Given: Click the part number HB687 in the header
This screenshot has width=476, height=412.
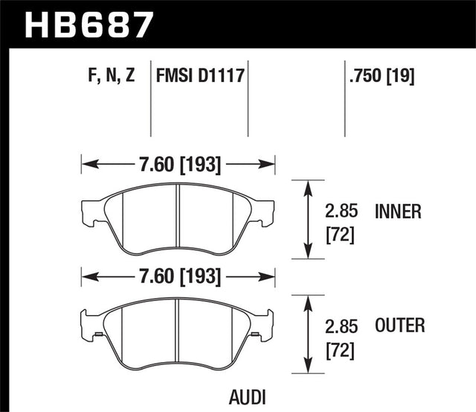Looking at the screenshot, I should click(x=89, y=24).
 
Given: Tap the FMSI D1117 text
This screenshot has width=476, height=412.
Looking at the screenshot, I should click(x=200, y=75).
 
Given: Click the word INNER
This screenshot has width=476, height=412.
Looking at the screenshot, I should click(x=398, y=212).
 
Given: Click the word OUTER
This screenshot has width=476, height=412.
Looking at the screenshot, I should click(x=399, y=326).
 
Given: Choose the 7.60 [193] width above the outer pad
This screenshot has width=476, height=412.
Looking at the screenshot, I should click(x=178, y=277).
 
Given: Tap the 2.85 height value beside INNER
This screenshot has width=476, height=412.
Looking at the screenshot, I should click(x=341, y=212).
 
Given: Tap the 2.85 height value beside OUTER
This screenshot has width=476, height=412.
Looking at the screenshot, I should click(x=341, y=326).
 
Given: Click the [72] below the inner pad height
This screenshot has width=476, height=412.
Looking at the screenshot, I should click(x=341, y=236).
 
